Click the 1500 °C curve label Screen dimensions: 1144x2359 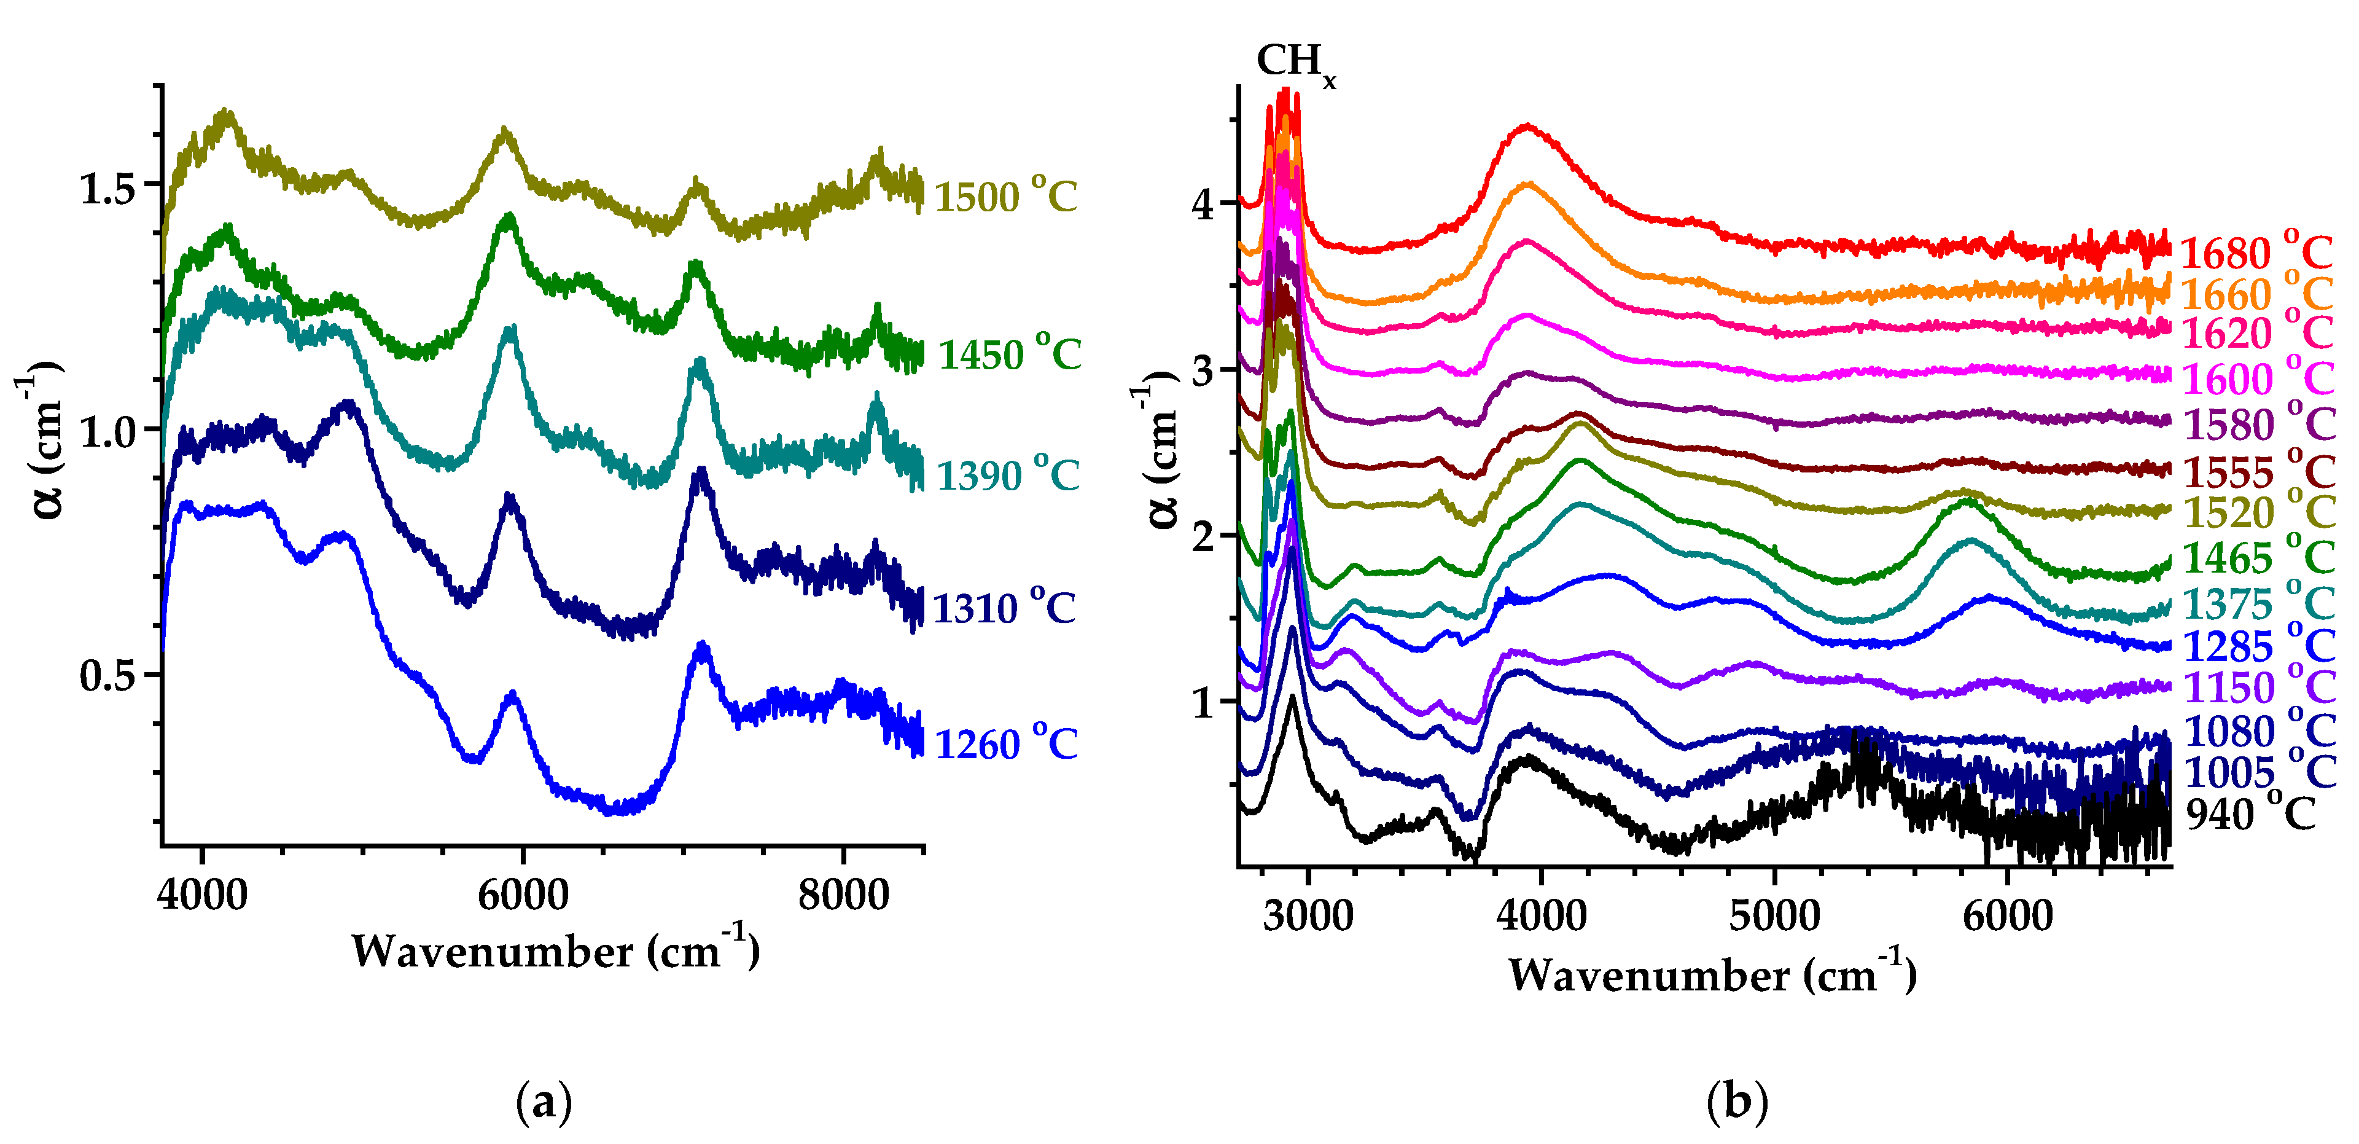point(1005,195)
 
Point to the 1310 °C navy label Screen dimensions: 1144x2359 point(1004,607)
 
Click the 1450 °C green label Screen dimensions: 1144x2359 point(1009,353)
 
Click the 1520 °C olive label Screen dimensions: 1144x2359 point(2259,511)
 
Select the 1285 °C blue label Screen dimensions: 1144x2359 point(2259,646)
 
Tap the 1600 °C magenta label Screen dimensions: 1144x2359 point(2258,377)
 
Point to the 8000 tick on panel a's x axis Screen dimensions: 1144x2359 point(843,894)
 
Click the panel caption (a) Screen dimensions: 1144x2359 point(544,1102)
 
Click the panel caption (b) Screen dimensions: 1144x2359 point(1736,1102)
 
